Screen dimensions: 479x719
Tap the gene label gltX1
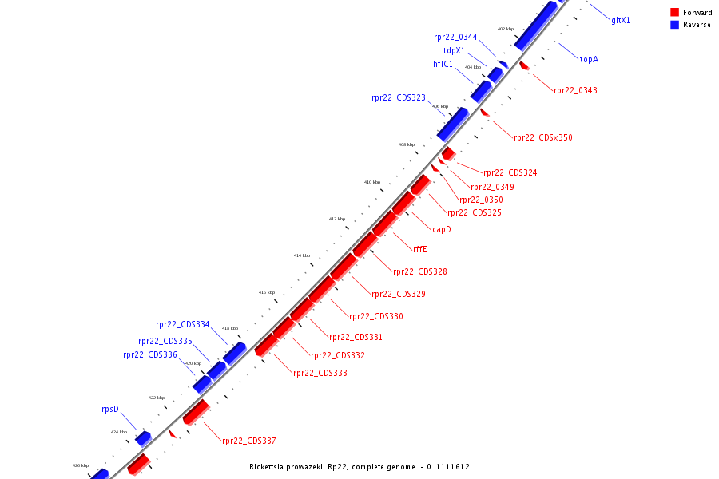[x=621, y=20]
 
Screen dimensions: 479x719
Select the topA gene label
[x=589, y=59]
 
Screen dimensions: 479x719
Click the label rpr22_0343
[x=575, y=90]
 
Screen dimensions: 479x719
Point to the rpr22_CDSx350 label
[x=543, y=137]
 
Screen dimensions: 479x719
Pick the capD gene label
[x=442, y=229]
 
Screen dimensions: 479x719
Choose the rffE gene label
[x=420, y=249]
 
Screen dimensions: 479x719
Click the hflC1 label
[x=443, y=64]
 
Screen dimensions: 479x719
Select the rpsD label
[x=109, y=409]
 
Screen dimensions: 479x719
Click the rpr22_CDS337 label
[x=249, y=441]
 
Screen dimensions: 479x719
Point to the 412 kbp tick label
[x=337, y=219]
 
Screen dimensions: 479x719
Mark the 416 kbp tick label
[x=267, y=292]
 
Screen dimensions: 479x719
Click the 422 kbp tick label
[x=157, y=398]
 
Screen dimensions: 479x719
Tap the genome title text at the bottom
[x=359, y=466]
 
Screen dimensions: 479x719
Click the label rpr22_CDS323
[x=399, y=98]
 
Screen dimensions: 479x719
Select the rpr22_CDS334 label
[x=183, y=325]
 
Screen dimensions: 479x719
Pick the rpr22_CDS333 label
[x=320, y=373]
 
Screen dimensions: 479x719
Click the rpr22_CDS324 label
[x=510, y=172]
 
